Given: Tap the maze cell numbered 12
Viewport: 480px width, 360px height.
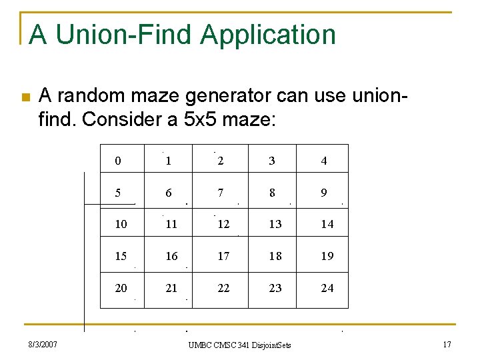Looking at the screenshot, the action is (223, 225).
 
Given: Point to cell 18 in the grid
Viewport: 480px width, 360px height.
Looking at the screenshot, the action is (275, 257).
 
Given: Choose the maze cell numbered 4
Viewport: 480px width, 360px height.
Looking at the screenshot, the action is (324, 161).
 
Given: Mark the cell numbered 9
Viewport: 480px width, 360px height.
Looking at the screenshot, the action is (324, 193).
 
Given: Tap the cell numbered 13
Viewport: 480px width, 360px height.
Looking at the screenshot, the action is (275, 225).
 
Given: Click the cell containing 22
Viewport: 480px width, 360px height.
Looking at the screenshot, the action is (223, 289).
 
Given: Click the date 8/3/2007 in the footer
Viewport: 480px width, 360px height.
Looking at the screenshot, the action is (42, 345).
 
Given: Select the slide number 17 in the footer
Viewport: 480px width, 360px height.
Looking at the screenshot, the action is (447, 345).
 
